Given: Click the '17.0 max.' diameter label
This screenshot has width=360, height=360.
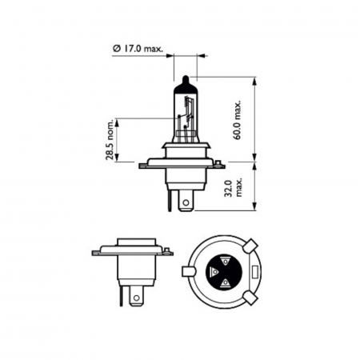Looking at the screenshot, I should pos(142,50).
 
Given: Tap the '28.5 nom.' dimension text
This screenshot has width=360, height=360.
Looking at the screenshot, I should pos(112,139).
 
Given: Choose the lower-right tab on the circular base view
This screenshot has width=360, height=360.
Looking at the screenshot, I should pos(250,298).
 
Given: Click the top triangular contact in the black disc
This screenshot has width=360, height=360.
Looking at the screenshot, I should pos(225,260).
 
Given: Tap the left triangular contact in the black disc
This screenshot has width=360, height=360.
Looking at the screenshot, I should pos(214,274).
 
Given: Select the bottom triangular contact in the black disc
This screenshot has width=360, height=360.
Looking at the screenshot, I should pos(226,284).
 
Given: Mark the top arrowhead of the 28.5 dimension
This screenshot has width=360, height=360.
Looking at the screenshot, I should pos(118,121).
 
